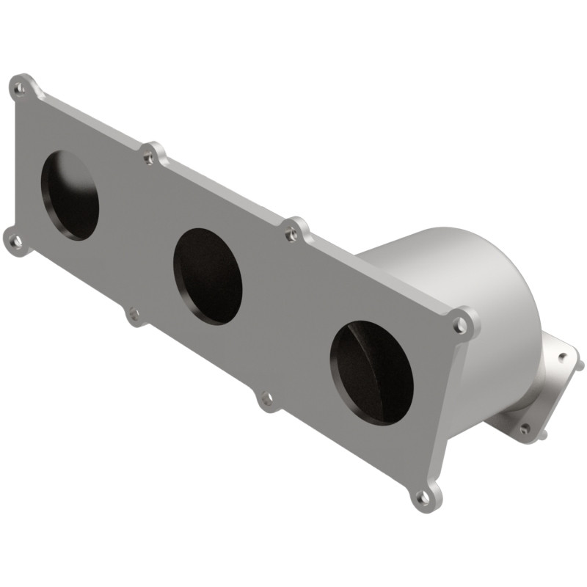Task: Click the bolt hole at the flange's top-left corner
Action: pyautogui.click(x=20, y=89)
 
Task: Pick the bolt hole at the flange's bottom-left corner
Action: pyautogui.click(x=15, y=239)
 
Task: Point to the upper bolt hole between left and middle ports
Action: pyautogui.click(x=150, y=156)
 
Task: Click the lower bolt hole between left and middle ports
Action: pyautogui.click(x=134, y=316)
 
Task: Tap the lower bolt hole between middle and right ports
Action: pyautogui.click(x=266, y=398)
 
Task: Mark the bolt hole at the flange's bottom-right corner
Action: pyautogui.click(x=423, y=497)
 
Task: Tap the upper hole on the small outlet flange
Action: pyautogui.click(x=563, y=357)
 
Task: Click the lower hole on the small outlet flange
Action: pyautogui.click(x=525, y=429)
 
